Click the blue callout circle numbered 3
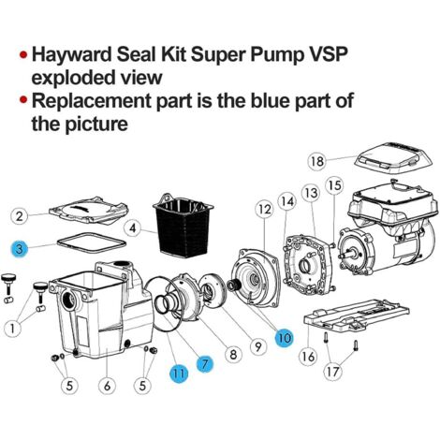click(19, 249)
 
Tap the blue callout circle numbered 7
click(205, 363)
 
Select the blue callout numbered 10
click(285, 338)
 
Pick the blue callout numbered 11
click(179, 373)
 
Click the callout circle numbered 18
click(317, 161)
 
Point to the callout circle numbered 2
click(20, 216)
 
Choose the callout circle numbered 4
click(133, 228)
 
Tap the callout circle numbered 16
click(308, 357)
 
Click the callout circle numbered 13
click(311, 193)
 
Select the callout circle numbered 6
click(107, 386)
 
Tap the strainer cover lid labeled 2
click(89, 210)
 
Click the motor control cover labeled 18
click(394, 159)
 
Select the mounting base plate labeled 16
click(357, 317)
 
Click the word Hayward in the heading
click(72, 54)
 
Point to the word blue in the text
click(270, 100)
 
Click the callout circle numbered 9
click(257, 345)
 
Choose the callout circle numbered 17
click(333, 372)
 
